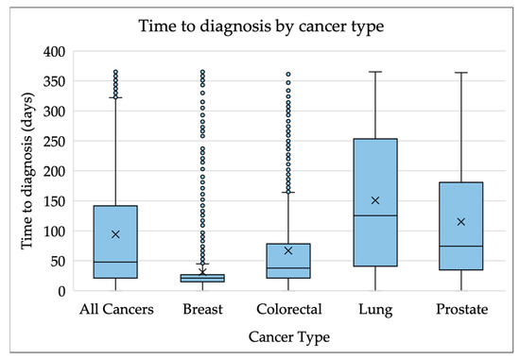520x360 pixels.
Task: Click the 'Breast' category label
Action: tap(201, 309)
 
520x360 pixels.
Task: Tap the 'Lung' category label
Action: tap(374, 309)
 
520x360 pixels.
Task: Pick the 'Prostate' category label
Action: tap(460, 309)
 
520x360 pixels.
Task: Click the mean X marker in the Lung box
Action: tap(374, 200)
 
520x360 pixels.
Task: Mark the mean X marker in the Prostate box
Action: tap(460, 222)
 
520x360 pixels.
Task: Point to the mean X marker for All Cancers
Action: tap(115, 234)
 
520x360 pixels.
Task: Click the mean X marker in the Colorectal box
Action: tap(288, 250)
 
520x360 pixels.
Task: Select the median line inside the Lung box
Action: tap(374, 215)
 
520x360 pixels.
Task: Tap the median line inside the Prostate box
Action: tap(460, 246)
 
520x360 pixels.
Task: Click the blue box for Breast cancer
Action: tap(201, 278)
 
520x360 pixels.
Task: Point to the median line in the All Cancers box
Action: tap(115, 262)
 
